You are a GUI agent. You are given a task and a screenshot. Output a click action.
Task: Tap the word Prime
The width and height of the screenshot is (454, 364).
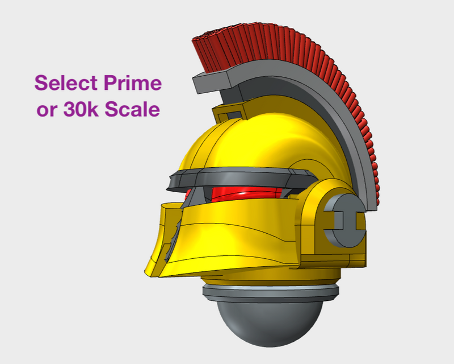click(x=132, y=83)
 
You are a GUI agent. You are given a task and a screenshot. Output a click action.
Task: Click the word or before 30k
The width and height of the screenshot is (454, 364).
click(x=45, y=110)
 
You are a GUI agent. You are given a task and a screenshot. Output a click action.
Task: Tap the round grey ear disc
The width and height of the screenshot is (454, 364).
click(x=343, y=219)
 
